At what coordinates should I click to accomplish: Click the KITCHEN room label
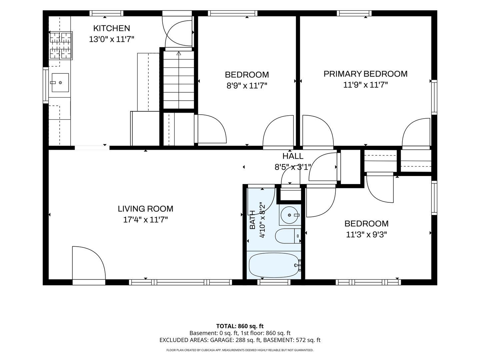click(112, 28)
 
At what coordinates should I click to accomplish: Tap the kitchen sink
click(60, 82)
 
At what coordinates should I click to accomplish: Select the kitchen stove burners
click(61, 45)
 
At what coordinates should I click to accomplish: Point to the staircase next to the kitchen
click(179, 80)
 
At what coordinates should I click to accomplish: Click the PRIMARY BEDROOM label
click(365, 74)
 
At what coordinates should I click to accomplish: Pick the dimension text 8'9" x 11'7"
click(247, 85)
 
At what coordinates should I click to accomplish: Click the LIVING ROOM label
click(145, 209)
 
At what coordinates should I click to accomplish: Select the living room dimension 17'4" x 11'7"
click(145, 219)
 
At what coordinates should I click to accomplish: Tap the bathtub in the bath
click(274, 265)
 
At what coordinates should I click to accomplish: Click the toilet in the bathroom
click(288, 236)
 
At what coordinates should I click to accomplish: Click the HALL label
click(293, 156)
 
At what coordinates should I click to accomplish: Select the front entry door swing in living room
click(89, 263)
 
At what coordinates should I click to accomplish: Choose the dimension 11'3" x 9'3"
click(367, 235)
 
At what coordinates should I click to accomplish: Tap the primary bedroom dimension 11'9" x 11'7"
click(365, 85)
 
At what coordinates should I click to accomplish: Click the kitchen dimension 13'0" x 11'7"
click(112, 39)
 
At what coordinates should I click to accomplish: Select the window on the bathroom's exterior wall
click(274, 282)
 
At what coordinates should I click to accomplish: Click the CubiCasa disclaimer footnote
click(240, 350)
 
